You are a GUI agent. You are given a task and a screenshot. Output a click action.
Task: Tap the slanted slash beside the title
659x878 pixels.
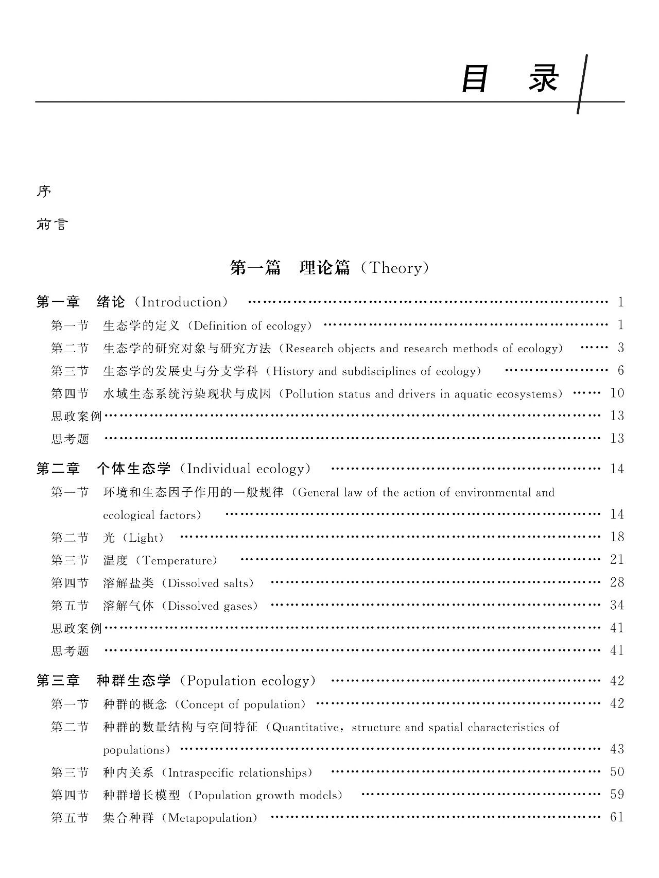tap(583, 84)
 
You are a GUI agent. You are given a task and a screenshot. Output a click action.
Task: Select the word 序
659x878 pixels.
tap(44, 192)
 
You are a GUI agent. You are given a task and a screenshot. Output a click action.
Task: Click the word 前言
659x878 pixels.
tap(52, 225)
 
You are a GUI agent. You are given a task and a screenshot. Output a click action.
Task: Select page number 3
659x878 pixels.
tap(621, 348)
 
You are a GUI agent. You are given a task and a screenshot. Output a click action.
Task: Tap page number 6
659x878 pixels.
tap(621, 371)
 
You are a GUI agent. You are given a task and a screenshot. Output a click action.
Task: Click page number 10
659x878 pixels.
tap(617, 393)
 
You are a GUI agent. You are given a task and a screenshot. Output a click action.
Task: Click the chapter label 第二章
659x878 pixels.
tap(58, 469)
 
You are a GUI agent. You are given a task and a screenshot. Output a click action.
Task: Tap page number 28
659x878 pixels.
tap(617, 582)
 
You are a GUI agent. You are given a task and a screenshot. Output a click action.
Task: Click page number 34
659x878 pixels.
tap(617, 605)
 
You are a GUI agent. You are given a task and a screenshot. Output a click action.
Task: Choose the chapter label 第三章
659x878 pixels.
tap(58, 681)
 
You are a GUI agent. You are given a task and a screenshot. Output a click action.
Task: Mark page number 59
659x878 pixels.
tap(617, 795)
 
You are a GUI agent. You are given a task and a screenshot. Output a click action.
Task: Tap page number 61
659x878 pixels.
tap(617, 817)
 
